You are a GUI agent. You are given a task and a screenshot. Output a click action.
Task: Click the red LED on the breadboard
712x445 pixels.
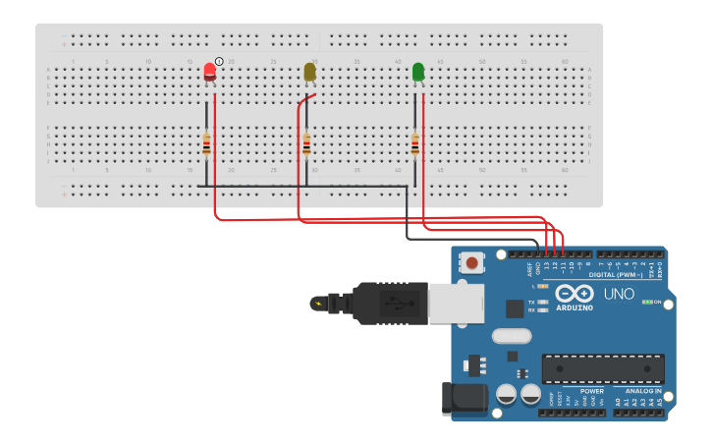point(209,72)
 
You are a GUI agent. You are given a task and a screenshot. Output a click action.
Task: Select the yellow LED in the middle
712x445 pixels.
point(309,72)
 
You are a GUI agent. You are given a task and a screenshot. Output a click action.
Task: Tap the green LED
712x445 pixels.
point(418,72)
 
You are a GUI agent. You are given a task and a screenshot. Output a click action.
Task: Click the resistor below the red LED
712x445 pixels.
point(206,144)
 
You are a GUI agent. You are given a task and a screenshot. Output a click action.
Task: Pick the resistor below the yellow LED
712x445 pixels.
point(306,144)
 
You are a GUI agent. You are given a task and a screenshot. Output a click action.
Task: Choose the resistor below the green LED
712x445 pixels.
point(415,144)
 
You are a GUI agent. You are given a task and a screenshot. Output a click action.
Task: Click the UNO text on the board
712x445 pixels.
point(618,294)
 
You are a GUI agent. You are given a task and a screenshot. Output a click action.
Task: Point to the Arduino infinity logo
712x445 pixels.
point(575,293)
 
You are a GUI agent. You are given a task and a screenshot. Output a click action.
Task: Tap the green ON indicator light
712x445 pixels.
point(647,302)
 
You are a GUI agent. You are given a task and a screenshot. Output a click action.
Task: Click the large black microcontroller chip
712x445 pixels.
point(603,368)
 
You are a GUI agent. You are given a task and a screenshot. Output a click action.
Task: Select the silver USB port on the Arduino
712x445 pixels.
point(456,304)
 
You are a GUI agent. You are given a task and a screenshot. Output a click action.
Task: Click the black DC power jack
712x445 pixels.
point(466,397)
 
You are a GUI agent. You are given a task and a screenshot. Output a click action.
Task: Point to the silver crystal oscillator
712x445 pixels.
point(511,336)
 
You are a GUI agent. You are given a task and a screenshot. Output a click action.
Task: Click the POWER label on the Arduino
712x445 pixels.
point(591,390)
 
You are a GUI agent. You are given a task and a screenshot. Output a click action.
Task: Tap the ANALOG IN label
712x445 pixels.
point(643,390)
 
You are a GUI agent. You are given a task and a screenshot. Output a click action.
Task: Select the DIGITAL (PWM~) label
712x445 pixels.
point(616,275)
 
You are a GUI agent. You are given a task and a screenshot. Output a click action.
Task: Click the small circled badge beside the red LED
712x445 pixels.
point(219,61)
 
